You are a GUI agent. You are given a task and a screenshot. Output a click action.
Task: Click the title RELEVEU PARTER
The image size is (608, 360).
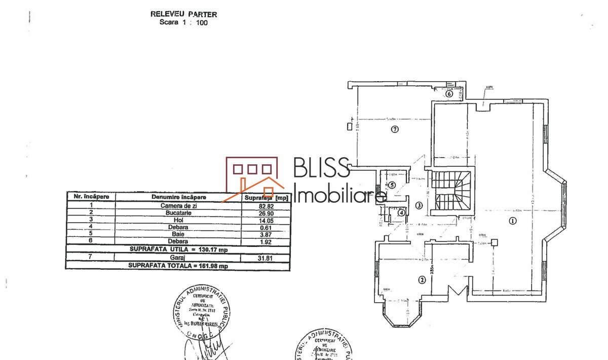(x=184, y=15)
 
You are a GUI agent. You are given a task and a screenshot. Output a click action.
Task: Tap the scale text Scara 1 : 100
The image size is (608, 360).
(x=183, y=22)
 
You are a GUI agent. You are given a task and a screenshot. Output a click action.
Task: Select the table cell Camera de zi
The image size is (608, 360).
(x=179, y=205)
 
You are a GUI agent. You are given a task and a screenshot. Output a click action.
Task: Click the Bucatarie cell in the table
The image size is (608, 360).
(x=179, y=213)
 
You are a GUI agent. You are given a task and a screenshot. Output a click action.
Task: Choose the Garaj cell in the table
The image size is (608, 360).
(x=179, y=258)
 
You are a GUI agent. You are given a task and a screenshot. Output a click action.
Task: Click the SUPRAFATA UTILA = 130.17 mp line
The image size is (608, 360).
(x=178, y=249)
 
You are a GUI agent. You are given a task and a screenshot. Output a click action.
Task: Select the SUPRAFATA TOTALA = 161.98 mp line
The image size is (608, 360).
(x=178, y=265)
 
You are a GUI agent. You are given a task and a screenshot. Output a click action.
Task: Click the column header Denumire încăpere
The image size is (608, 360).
(x=179, y=197)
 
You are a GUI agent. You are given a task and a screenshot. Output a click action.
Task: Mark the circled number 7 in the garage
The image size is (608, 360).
(x=395, y=129)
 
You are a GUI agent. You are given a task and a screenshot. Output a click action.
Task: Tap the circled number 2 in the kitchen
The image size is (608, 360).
(x=421, y=279)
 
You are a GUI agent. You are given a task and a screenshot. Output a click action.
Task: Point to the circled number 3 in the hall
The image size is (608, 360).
(x=419, y=205)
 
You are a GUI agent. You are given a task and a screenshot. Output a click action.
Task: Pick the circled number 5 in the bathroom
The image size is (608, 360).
(x=392, y=185)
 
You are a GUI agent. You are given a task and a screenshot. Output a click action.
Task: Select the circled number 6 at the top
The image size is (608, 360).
(x=448, y=93)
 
